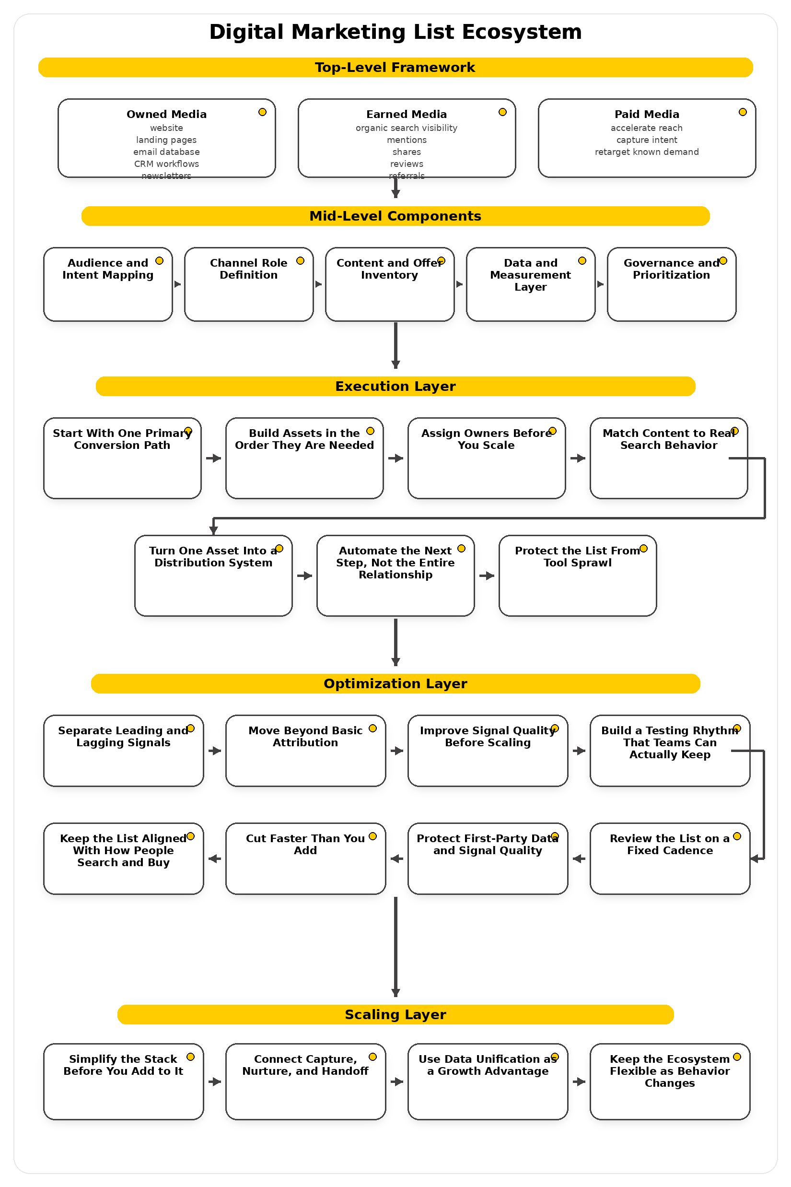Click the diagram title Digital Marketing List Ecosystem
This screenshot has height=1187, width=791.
click(395, 32)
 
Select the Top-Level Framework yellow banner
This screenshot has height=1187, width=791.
click(395, 67)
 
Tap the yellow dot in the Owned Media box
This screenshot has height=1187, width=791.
click(262, 112)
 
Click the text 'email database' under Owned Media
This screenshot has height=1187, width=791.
click(166, 152)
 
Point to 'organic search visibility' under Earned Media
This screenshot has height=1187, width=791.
click(406, 128)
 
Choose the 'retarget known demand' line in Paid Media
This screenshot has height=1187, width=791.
click(646, 152)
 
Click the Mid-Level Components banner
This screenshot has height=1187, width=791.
click(395, 216)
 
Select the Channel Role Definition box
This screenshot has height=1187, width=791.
click(249, 284)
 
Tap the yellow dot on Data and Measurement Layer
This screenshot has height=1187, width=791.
click(582, 261)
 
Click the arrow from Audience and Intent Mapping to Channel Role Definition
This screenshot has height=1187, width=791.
click(177, 284)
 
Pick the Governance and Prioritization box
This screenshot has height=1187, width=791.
click(671, 284)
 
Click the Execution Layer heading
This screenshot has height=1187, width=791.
click(395, 386)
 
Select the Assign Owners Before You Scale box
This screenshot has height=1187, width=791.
click(486, 458)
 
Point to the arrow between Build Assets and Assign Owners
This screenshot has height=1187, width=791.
click(395, 458)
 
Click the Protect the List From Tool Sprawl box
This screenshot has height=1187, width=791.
click(577, 576)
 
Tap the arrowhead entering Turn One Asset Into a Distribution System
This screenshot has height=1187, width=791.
click(213, 530)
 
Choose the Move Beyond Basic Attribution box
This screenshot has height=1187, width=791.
click(305, 751)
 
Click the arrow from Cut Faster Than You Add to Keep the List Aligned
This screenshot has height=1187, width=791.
click(214, 858)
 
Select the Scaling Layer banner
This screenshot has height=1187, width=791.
click(395, 1014)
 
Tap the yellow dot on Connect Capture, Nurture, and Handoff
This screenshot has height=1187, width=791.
click(373, 1057)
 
